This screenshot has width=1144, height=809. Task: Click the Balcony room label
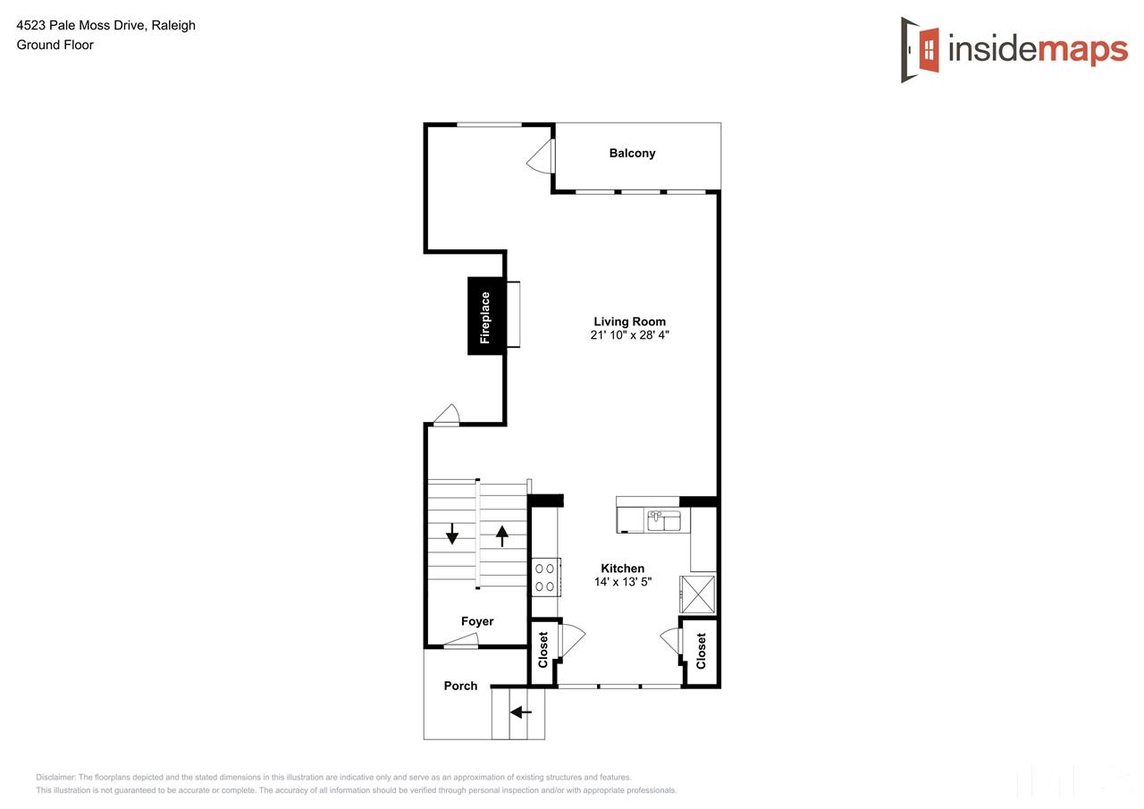click(632, 154)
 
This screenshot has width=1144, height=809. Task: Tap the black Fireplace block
click(485, 316)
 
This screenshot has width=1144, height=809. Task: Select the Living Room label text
click(629, 322)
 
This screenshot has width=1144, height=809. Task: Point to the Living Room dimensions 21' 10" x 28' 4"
click(629, 336)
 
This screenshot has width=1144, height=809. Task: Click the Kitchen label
click(622, 569)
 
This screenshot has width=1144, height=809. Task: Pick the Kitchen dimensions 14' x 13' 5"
click(622, 582)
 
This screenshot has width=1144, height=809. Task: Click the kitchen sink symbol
click(664, 519)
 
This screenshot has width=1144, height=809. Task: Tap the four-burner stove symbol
click(544, 577)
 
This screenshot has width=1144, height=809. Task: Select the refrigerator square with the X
click(697, 594)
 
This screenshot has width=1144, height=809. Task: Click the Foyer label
click(477, 621)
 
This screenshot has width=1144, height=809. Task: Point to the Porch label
click(460, 686)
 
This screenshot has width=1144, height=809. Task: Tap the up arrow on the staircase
click(502, 535)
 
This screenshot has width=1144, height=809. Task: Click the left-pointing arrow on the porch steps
click(520, 712)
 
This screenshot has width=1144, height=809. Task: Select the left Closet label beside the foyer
click(543, 650)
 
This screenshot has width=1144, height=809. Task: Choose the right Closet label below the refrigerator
click(701, 651)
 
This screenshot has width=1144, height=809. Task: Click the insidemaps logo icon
click(921, 49)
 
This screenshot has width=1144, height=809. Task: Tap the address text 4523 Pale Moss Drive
click(105, 25)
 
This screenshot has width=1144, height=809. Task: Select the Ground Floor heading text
click(55, 45)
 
